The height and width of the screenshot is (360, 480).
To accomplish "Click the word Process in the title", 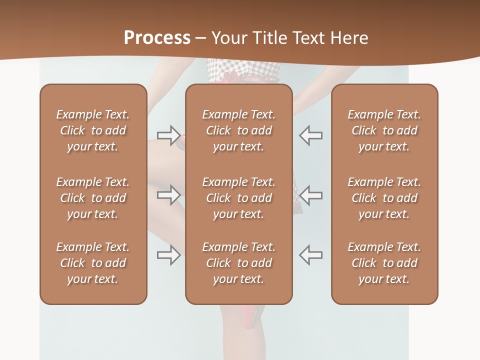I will [x=157, y=38].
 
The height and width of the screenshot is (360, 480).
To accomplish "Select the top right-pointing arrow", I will [x=169, y=135].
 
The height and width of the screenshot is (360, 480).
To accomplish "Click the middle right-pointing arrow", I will [x=169, y=195].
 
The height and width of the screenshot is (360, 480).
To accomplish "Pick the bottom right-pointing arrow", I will [x=169, y=255].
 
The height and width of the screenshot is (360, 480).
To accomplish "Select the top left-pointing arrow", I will [x=311, y=135].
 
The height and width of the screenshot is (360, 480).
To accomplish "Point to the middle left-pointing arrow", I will [x=311, y=195].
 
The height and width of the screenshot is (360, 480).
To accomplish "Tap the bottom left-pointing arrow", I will [x=311, y=255].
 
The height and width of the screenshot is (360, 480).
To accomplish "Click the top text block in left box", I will [x=93, y=130].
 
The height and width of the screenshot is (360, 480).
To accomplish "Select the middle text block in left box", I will [x=93, y=198].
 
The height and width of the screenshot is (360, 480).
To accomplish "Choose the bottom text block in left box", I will [x=93, y=263].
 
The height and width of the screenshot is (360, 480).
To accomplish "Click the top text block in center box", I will [x=239, y=130].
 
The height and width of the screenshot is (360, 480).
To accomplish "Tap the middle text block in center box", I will [x=239, y=198].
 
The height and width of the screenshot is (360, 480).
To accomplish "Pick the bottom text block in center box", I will [x=239, y=263].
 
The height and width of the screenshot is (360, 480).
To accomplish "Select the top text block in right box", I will [x=384, y=130].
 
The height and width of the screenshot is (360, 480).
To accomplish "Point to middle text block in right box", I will [x=384, y=198].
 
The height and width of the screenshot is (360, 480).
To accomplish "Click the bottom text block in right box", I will [x=384, y=263].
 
